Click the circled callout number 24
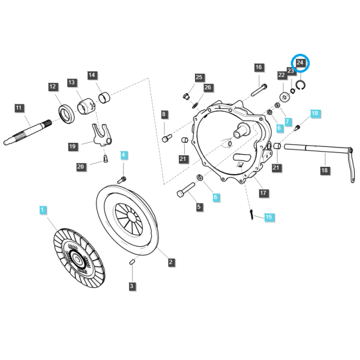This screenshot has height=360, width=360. [300, 62]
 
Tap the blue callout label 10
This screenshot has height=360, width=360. [315, 113]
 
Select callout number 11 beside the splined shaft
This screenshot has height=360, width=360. [19, 107]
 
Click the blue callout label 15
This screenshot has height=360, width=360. [269, 217]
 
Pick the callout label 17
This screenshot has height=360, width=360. [263, 193]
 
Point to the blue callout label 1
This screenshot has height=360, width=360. [43, 209]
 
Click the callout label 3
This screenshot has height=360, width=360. [132, 286]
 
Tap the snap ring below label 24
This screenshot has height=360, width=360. [301, 85]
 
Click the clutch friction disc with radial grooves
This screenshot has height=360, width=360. [79, 258]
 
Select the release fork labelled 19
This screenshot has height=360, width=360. [102, 135]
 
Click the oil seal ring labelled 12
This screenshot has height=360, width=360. [67, 113]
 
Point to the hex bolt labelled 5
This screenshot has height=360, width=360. [186, 190]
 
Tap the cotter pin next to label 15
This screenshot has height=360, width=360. [251, 214]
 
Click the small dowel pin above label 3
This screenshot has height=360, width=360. [132, 262]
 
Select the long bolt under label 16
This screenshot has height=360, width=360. [259, 90]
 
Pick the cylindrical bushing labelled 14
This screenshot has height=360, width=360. [104, 97]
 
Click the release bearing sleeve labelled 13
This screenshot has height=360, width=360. [85, 106]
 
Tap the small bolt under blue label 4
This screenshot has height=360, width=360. [122, 180]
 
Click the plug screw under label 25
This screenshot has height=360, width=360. [186, 96]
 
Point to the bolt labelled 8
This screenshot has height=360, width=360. [167, 138]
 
